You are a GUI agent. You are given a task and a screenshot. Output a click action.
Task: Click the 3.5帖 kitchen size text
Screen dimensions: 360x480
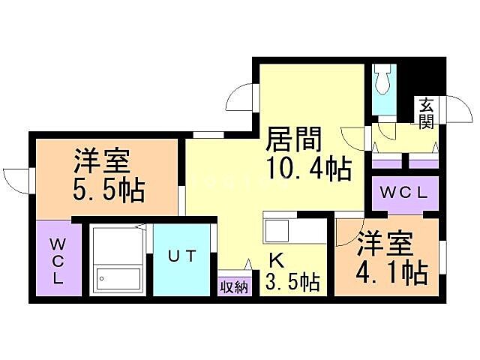[x=292, y=282]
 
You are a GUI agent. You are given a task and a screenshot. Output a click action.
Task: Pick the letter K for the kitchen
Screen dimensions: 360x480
[x=276, y=262]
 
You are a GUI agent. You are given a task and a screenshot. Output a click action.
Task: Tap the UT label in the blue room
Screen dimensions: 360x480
[x=182, y=256]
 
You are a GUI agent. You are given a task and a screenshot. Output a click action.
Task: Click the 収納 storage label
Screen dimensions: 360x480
[x=232, y=286]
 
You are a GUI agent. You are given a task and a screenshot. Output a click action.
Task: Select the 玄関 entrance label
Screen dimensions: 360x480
[x=427, y=112]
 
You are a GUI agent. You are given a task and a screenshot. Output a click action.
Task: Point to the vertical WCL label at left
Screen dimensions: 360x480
[x=57, y=259]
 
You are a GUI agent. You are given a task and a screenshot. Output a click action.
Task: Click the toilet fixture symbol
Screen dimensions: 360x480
[x=384, y=78]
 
